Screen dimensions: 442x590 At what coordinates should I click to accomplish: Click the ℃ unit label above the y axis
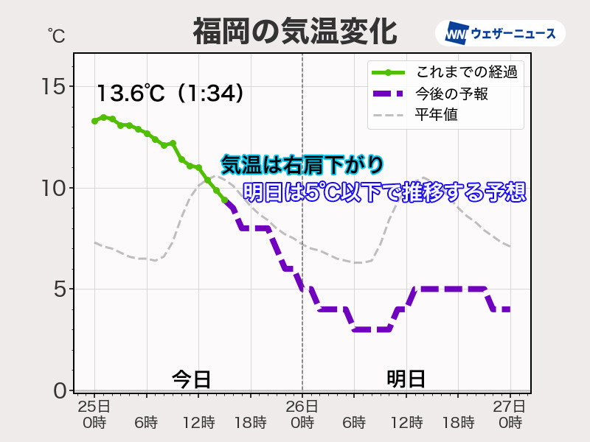[x=56, y=34]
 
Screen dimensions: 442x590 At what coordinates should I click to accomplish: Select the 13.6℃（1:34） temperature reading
[x=170, y=94]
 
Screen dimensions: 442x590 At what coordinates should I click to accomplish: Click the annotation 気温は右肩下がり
[x=302, y=164]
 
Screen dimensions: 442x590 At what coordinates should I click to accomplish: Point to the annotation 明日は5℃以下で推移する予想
[x=384, y=192]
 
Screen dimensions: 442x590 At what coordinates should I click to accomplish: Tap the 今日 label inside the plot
[x=192, y=379]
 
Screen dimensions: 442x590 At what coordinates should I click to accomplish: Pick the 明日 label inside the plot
[x=406, y=379]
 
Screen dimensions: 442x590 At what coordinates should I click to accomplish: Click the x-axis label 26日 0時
[x=302, y=414]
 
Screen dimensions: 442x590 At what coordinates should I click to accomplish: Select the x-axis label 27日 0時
[x=510, y=414]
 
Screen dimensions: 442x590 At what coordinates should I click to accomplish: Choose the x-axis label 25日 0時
[x=94, y=414]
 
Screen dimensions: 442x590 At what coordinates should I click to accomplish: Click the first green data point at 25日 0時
[x=94, y=121]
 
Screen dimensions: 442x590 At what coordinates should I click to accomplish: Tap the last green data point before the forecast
[x=224, y=200]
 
